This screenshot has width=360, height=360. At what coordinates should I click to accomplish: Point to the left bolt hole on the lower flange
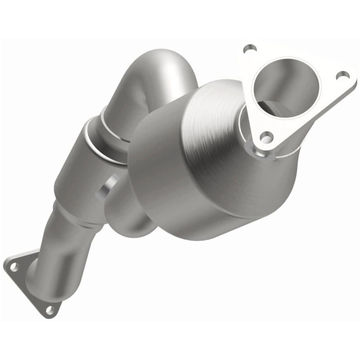point(14,266)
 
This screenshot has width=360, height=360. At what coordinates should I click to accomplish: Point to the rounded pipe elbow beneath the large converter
point(135,220)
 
